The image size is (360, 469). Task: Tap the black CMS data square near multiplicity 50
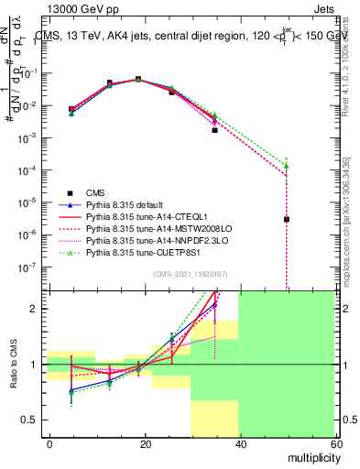[287, 219]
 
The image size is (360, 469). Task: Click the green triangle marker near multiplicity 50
[287, 166]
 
